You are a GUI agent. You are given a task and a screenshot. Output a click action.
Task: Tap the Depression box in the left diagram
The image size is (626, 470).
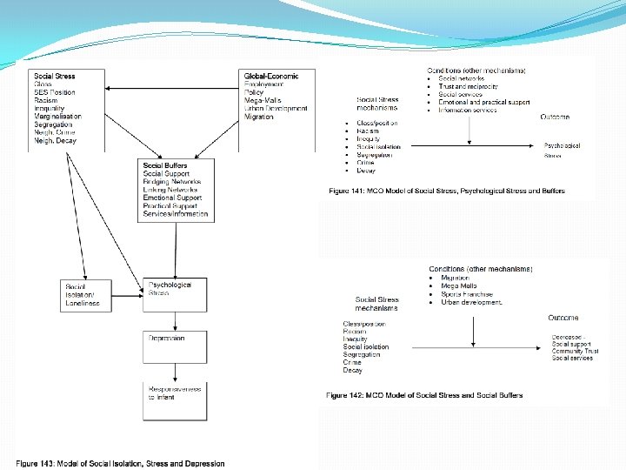(175, 346)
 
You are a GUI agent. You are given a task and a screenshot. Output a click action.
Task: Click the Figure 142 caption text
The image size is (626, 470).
(424, 395)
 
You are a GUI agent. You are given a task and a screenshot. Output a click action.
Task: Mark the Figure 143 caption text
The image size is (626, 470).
(120, 464)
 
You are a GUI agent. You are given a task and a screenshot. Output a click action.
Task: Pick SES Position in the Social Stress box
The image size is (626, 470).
(55, 92)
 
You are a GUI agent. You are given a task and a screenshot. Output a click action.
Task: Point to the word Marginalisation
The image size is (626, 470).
(57, 117)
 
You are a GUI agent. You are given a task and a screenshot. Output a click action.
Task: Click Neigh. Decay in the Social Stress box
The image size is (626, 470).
(56, 140)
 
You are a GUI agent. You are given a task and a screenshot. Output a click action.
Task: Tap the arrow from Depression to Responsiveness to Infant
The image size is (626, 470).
(175, 373)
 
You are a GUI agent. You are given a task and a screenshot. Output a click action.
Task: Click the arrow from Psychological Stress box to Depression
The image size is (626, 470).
(175, 321)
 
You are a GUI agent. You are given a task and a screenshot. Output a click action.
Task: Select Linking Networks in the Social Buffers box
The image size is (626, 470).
(170, 190)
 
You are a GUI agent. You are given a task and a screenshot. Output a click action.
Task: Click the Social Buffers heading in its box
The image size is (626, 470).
(165, 165)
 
